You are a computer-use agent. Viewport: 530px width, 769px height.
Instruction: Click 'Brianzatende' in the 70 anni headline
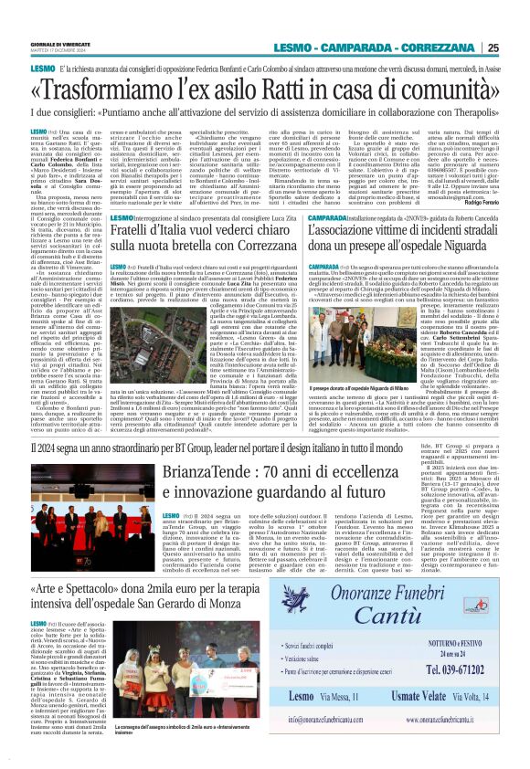click(211, 472)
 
